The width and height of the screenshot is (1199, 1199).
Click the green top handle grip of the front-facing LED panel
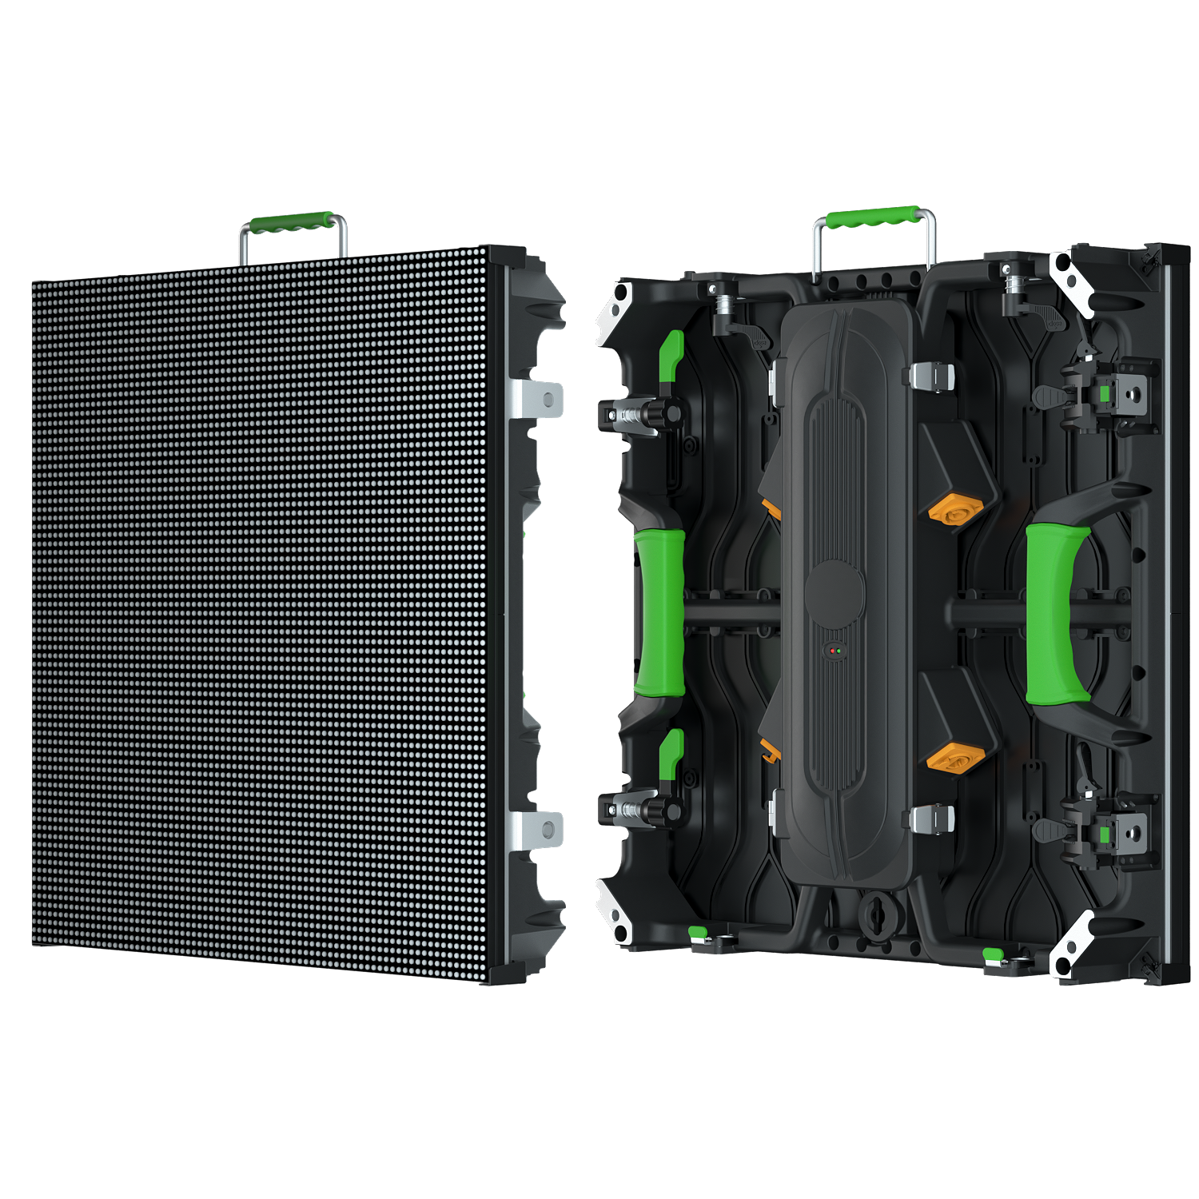click(x=292, y=221)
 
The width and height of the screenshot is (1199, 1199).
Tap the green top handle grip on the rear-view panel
click(x=871, y=217)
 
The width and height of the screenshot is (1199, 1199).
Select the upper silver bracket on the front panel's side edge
click(x=537, y=398)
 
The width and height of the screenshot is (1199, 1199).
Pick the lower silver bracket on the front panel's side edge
click(x=537, y=830)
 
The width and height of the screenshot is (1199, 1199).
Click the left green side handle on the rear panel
click(x=660, y=611)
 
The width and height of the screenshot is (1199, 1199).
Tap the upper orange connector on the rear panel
click(x=957, y=510)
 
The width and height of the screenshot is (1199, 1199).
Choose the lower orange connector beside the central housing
click(x=956, y=756)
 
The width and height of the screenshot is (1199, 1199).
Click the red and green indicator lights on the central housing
click(x=835, y=651)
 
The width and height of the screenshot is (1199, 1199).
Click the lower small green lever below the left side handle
click(x=671, y=752)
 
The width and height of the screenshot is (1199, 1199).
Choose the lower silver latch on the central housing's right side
click(x=932, y=819)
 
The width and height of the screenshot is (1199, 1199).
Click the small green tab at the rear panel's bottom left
click(x=698, y=932)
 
